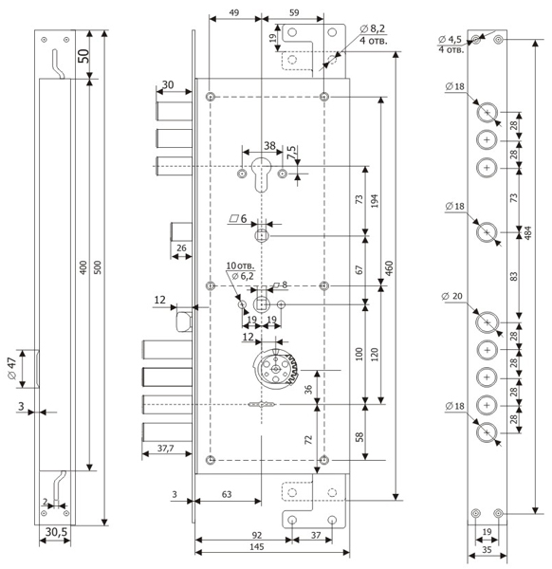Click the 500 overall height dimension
[x=99, y=267]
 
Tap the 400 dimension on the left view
[x=83, y=267]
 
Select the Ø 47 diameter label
[x=12, y=368]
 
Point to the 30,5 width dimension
[x=56, y=532]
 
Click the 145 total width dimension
[x=257, y=546]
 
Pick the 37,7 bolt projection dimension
[x=165, y=449]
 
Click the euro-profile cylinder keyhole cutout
[x=262, y=174]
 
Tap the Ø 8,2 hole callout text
[x=373, y=28]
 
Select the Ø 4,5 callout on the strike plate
[x=450, y=39]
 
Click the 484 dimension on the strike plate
[x=528, y=232]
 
